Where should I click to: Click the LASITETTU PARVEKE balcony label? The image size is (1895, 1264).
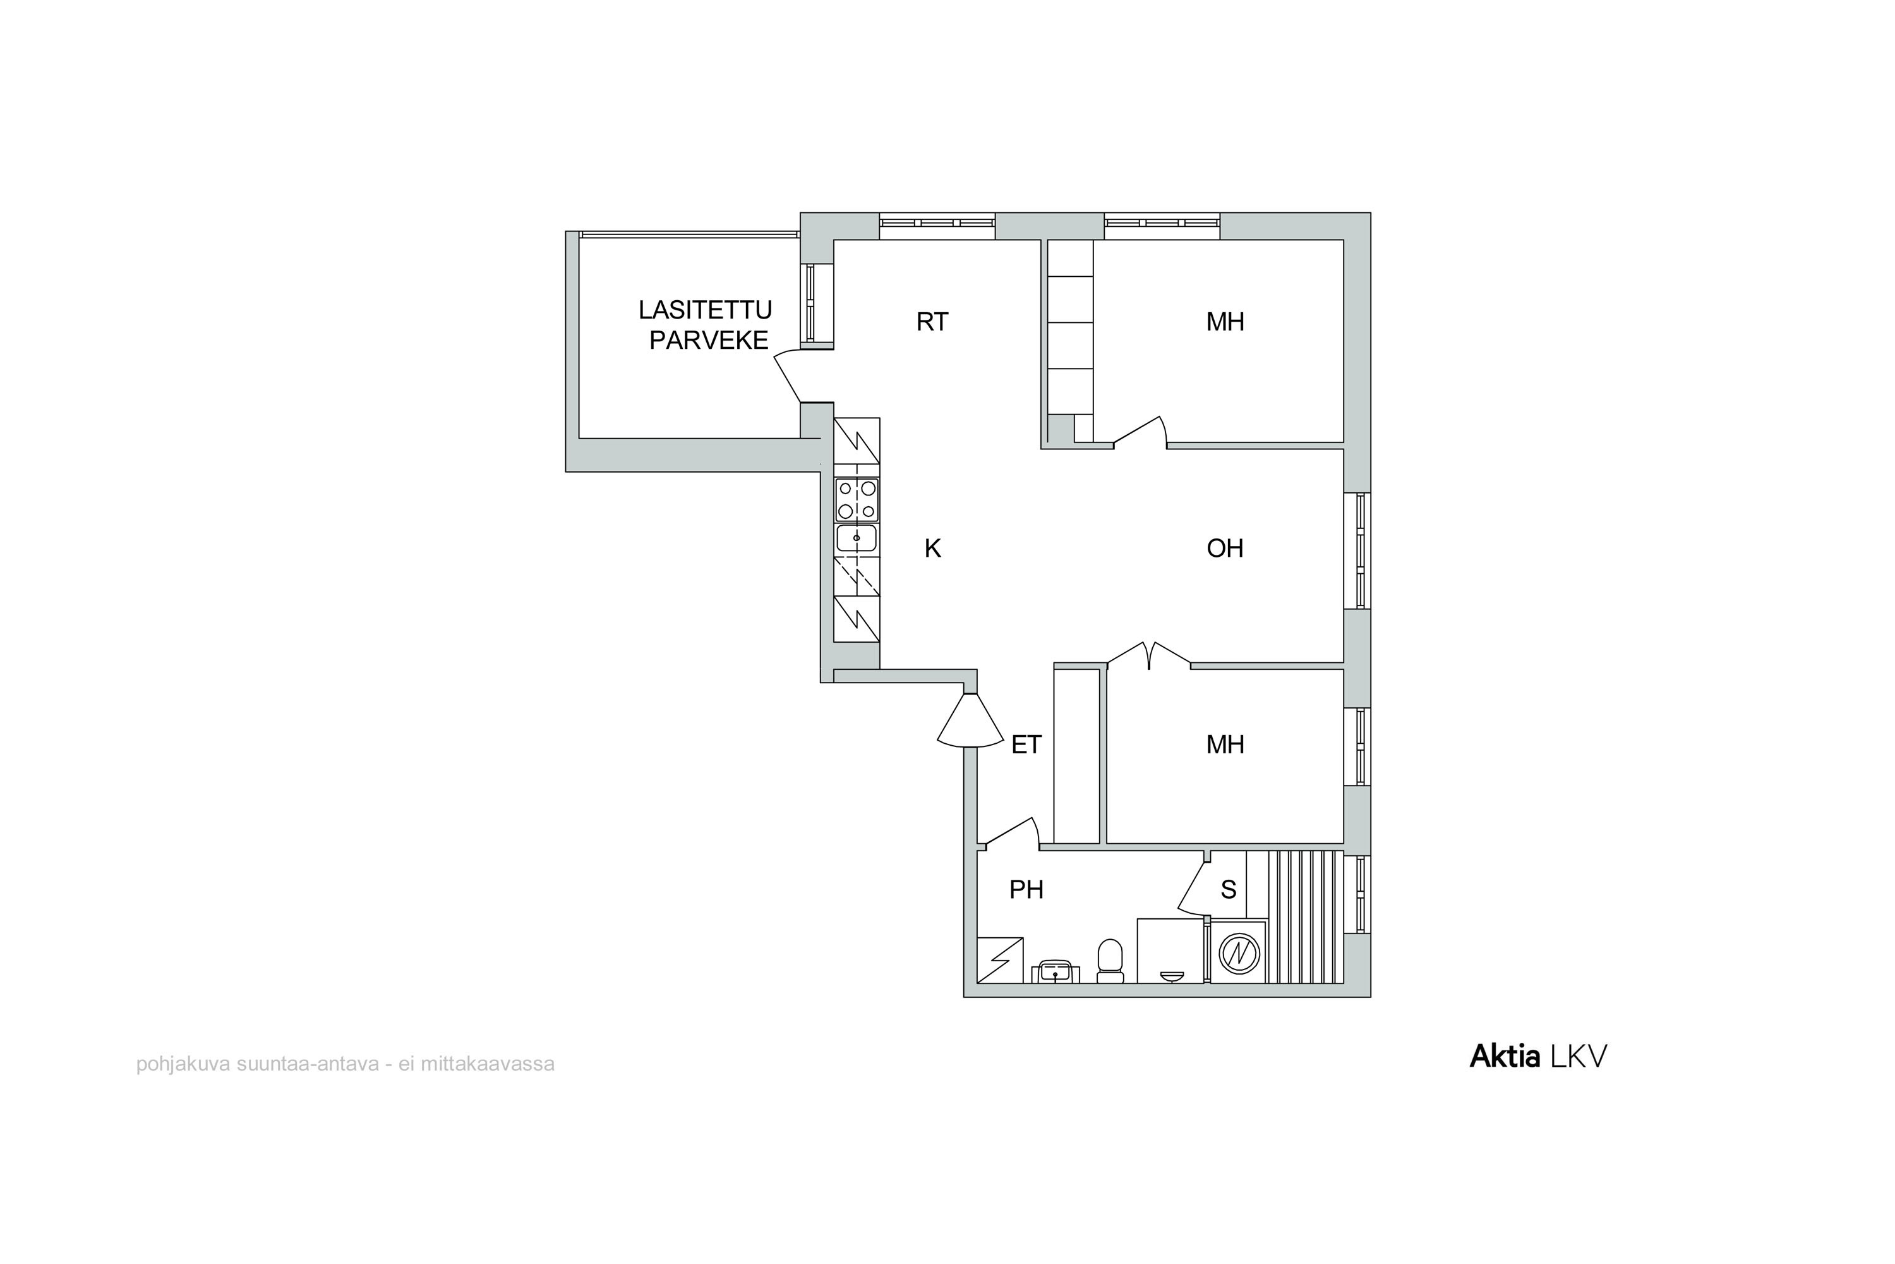706,325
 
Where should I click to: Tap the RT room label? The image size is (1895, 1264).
932,322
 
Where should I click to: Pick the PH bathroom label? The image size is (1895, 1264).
1026,890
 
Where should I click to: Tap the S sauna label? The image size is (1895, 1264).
1229,890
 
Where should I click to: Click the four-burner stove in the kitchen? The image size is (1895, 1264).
857,499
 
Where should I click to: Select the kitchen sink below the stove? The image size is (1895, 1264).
857,538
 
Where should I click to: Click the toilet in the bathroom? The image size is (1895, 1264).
1110,961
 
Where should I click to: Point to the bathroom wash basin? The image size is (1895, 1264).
1055,971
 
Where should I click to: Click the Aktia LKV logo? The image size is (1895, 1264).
1538,1056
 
